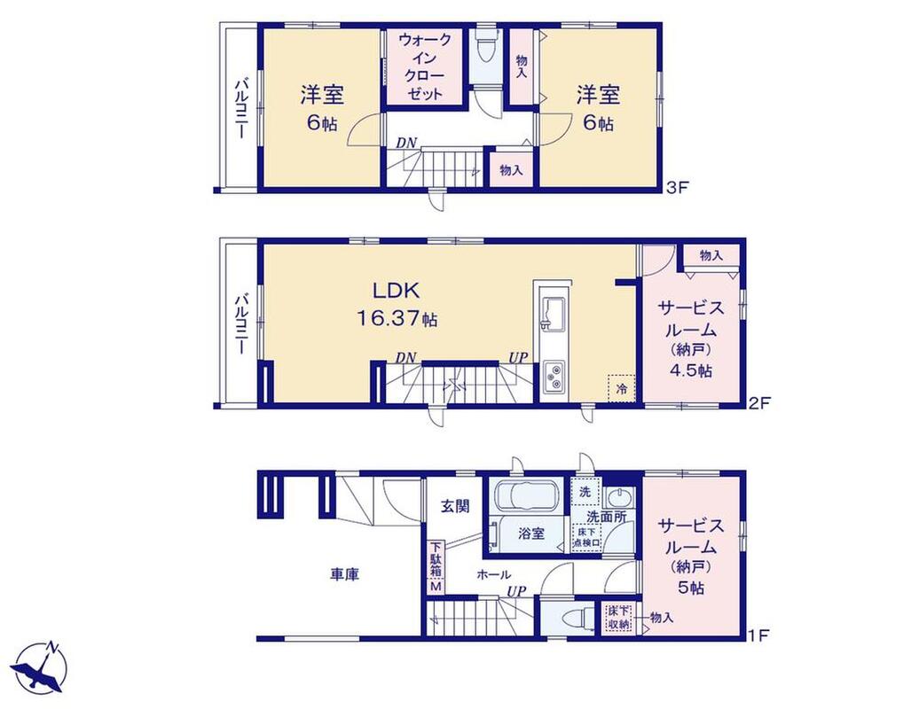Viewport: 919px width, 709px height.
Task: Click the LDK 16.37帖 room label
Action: tap(397, 305)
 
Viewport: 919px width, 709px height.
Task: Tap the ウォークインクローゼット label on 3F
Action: tap(424, 66)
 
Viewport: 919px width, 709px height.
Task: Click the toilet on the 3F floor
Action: tap(486, 51)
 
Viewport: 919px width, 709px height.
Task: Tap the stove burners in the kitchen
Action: tap(554, 376)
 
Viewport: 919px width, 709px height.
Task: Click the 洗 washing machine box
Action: tap(585, 492)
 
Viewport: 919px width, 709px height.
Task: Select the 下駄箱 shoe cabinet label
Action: tap(436, 560)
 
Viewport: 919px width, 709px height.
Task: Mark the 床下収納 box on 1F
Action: tap(618, 618)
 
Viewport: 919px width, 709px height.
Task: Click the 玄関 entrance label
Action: tap(455, 505)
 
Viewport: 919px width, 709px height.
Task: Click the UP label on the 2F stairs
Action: tap(518, 357)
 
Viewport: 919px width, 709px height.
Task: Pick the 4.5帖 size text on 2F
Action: tap(692, 370)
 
